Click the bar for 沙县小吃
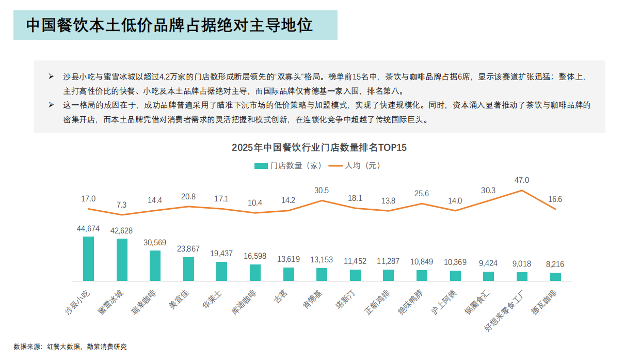pos(88,259)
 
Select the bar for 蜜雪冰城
pos(122,260)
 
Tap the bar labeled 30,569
pos(155,265)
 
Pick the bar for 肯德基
pos(322,274)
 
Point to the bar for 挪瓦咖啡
pos(555,277)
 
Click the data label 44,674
pos(88,228)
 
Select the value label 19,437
pos(221,254)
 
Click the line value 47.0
pos(522,180)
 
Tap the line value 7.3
pos(122,205)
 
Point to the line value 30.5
pos(322,191)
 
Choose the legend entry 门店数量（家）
pos(289,166)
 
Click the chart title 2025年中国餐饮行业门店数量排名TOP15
pos(319,148)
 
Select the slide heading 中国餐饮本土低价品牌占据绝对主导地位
pos(170,25)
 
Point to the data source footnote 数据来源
pos(70,347)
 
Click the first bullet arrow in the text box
pos(51,76)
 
